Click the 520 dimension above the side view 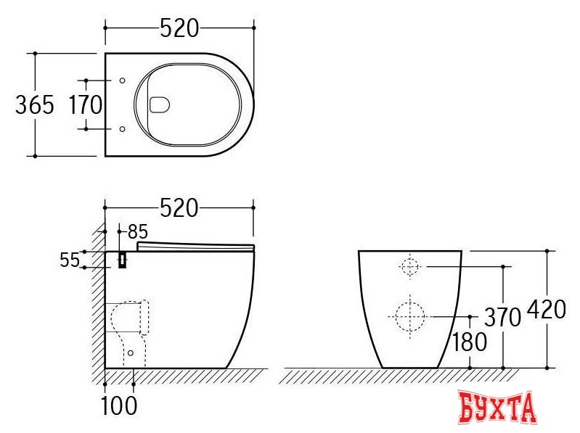(x=179, y=207)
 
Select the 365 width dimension (x=35, y=104)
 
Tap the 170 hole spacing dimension (x=86, y=104)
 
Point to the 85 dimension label (x=137, y=232)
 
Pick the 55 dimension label (x=70, y=260)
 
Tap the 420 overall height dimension (x=546, y=310)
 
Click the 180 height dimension (x=469, y=342)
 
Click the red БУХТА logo (x=498, y=408)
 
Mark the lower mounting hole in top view (x=122, y=129)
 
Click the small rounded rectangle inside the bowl (x=159, y=105)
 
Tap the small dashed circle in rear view (x=410, y=267)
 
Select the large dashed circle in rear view (x=410, y=316)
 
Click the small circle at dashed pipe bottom (x=131, y=353)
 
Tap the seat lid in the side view (x=195, y=247)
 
